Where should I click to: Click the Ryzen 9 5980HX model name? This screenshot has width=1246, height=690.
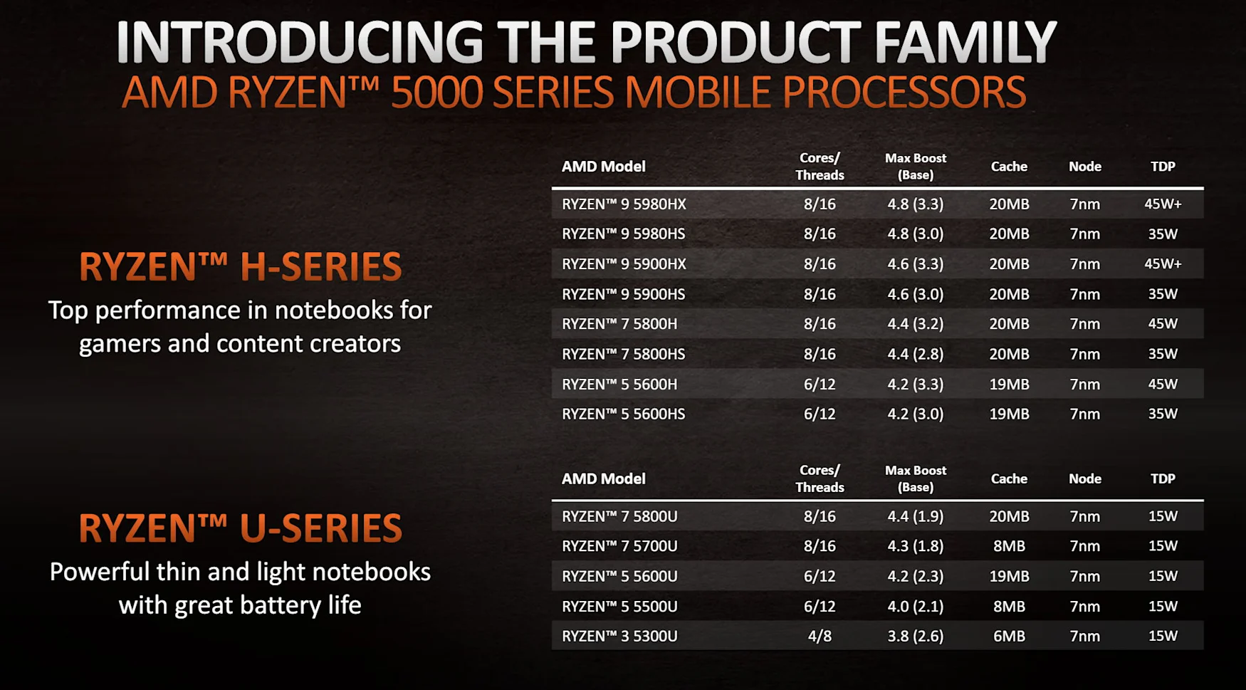(624, 204)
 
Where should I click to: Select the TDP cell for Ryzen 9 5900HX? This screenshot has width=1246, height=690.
(1163, 263)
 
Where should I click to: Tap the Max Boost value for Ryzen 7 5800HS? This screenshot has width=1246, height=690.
(916, 354)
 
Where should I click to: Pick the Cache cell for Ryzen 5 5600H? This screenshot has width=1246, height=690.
(1009, 384)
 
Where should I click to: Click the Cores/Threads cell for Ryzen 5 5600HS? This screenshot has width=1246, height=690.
(820, 414)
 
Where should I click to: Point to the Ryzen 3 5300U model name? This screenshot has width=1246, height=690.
(619, 636)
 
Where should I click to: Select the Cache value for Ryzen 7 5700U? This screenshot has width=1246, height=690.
(1009, 546)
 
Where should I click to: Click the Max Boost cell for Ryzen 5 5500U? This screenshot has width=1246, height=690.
(916, 607)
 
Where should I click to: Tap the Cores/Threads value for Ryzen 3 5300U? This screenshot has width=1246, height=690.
(820, 636)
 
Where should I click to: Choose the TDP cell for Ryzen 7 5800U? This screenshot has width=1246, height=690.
(1163, 516)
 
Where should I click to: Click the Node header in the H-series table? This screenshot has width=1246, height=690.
(1085, 167)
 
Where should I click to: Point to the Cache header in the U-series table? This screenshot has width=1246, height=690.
(1009, 479)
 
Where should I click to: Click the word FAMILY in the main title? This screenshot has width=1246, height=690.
(965, 42)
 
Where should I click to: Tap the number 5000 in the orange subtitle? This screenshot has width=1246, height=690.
(437, 93)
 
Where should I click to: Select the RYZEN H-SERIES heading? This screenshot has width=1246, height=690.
(240, 267)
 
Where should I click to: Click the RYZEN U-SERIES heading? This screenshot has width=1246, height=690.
(240, 528)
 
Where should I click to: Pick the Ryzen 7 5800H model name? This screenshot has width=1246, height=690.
(619, 324)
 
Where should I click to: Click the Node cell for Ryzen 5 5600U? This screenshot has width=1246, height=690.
(1085, 576)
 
